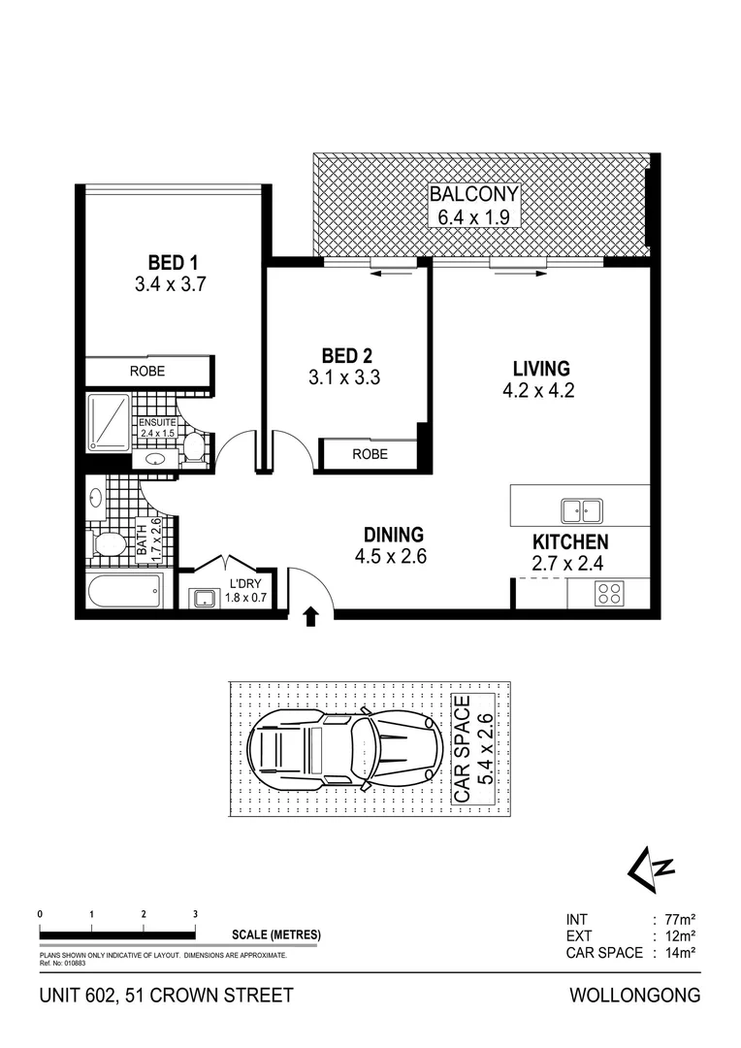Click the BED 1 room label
[x=173, y=262]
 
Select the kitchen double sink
[x=582, y=509]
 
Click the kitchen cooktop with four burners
[x=609, y=593]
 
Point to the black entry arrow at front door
[x=310, y=615]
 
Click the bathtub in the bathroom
[x=123, y=591]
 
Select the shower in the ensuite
[x=109, y=421]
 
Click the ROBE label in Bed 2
[x=370, y=454]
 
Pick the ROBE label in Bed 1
[x=147, y=371]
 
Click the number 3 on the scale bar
[x=196, y=914]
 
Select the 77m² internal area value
[x=676, y=919]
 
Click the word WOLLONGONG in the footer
[x=633, y=996]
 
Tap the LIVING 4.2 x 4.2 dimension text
[x=541, y=392]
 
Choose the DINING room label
[x=394, y=535]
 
